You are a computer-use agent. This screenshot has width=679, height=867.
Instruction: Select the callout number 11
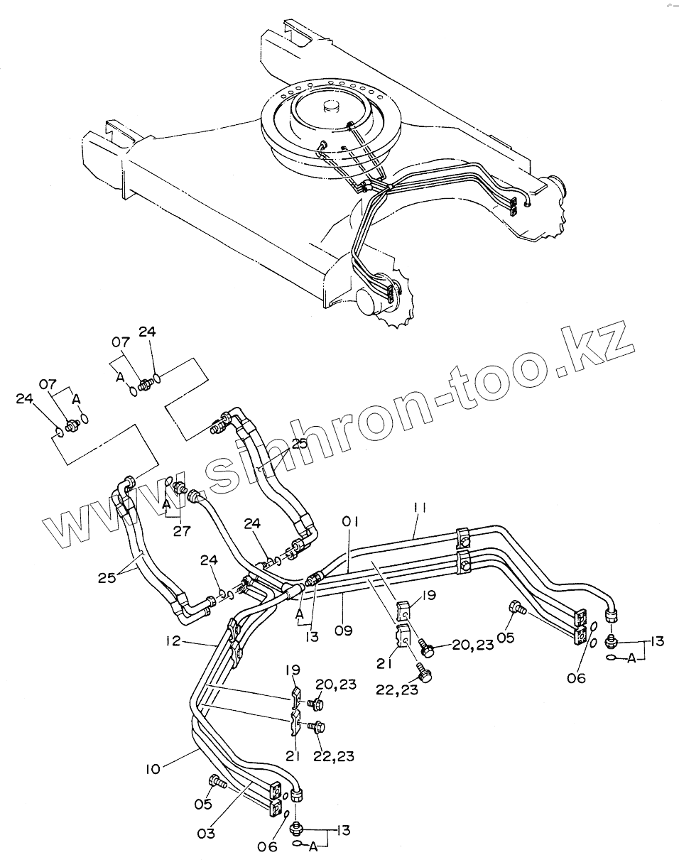tap(420, 508)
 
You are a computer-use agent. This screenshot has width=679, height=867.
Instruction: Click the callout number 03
tap(206, 834)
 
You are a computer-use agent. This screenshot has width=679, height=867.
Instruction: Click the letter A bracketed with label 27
tap(165, 504)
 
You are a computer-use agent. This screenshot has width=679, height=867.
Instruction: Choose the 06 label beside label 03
tap(268, 847)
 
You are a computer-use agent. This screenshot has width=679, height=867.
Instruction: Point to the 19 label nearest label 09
tap(428, 596)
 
